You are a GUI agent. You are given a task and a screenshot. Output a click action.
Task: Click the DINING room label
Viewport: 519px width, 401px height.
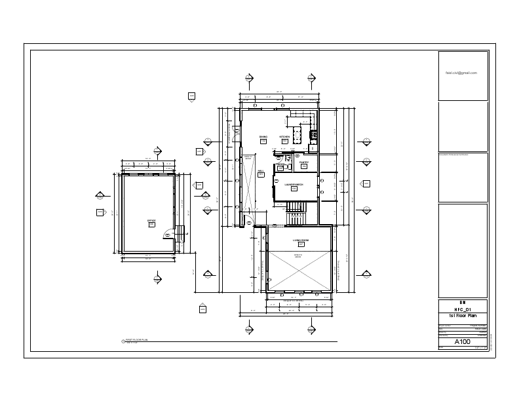263,137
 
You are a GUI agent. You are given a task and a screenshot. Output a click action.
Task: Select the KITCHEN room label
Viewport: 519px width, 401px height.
285,137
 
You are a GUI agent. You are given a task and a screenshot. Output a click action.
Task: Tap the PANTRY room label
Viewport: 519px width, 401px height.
304,162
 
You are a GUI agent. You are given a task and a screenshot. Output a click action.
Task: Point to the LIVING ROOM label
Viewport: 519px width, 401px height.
301,240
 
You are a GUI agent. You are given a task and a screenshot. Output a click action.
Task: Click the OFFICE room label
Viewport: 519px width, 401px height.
151,220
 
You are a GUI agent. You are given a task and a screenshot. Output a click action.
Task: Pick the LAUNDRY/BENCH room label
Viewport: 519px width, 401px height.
294,185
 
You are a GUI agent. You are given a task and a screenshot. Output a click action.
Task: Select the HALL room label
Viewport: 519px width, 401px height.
261,170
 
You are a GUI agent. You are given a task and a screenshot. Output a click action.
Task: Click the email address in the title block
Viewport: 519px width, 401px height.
462,73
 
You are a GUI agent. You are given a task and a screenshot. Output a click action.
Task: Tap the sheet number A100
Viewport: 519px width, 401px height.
463,341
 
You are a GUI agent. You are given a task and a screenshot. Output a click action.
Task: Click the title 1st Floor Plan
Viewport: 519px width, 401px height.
463,316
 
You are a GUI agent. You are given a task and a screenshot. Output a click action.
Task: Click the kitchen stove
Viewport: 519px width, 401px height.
313,136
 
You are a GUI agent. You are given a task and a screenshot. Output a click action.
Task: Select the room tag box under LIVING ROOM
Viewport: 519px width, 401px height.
301,245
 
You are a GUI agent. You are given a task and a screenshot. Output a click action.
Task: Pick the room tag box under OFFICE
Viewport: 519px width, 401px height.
151,225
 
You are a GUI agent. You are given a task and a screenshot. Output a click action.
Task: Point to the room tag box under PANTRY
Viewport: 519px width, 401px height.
304,167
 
